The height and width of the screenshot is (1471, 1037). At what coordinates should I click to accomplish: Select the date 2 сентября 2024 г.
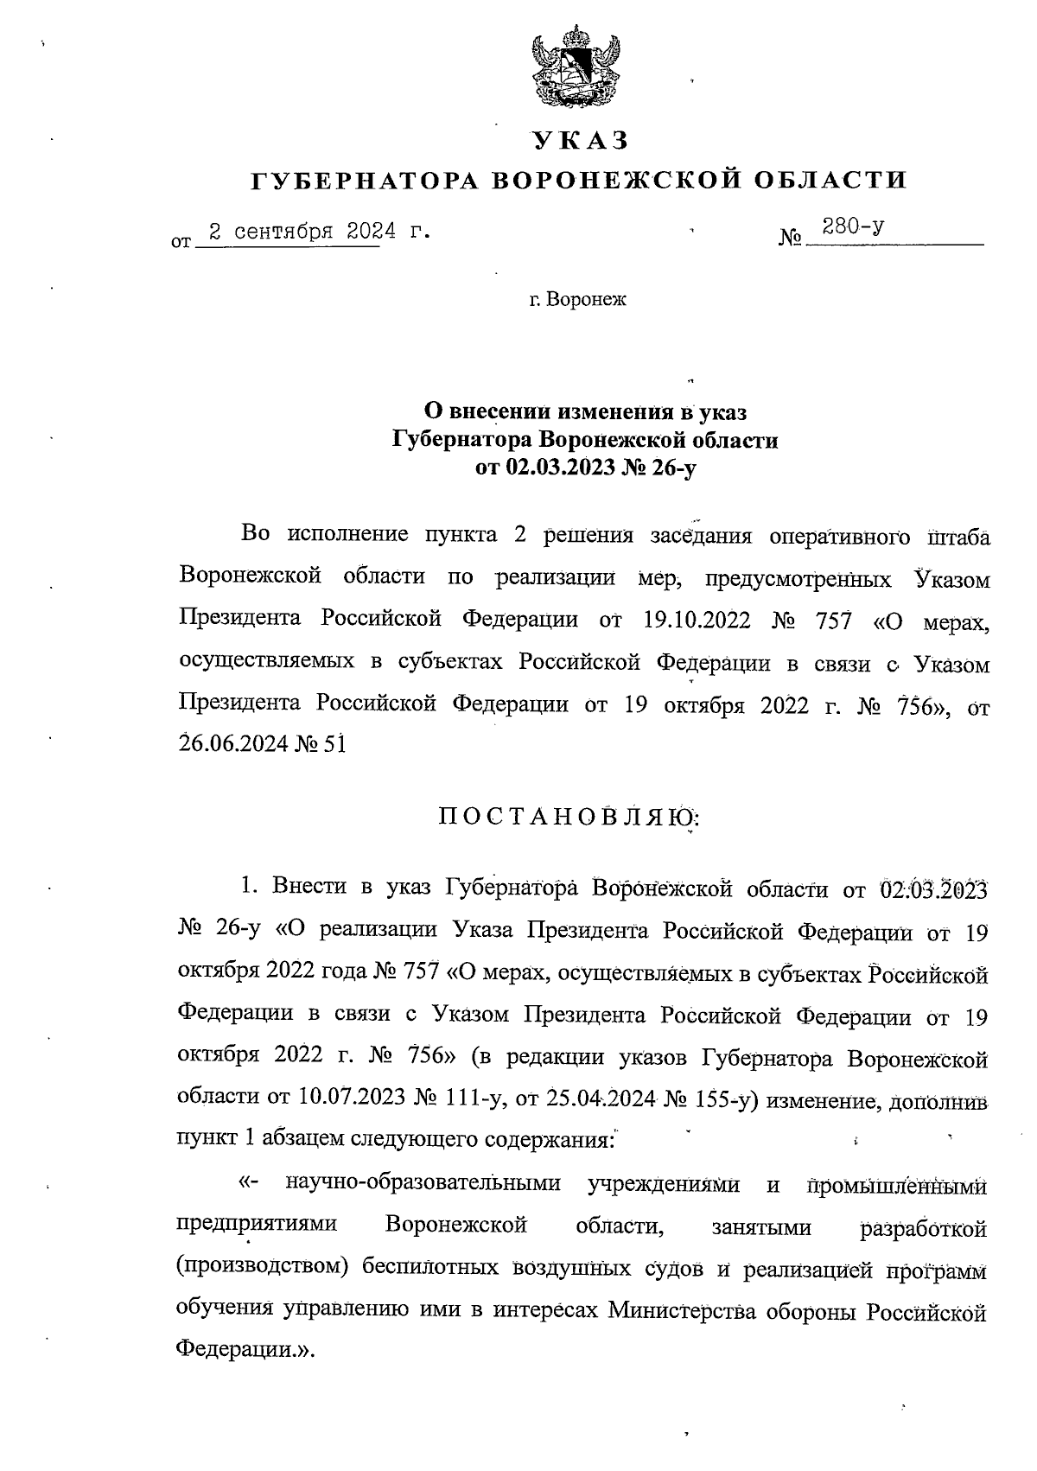click(x=314, y=232)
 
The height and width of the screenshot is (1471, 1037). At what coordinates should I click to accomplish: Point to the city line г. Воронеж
click(x=577, y=300)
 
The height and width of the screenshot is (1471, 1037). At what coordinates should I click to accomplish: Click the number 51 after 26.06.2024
click(x=334, y=743)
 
